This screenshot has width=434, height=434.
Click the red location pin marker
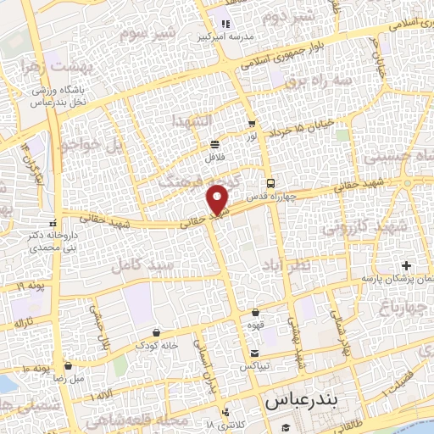220,199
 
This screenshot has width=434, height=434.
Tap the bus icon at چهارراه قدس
270,183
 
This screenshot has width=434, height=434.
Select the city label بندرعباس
296,401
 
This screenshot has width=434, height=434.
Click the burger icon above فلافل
214,143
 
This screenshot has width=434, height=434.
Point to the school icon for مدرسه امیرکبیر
225,25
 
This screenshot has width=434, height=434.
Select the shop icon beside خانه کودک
154,332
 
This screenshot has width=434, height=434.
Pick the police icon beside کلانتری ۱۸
225,414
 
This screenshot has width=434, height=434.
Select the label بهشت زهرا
58,66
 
